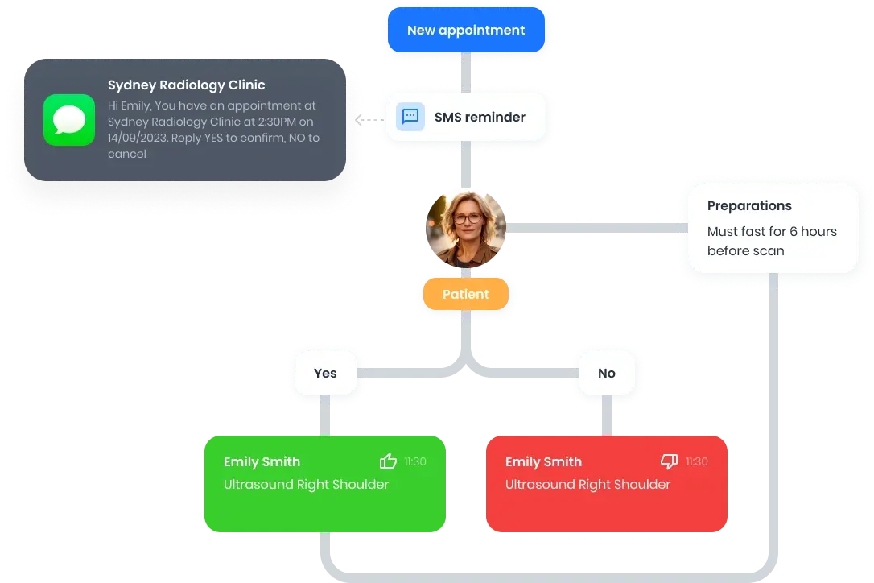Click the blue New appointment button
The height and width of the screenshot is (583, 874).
point(465,31)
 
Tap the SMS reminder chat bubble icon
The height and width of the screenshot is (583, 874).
point(410,117)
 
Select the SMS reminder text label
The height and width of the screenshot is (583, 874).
point(480,117)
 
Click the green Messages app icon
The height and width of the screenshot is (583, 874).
point(69,120)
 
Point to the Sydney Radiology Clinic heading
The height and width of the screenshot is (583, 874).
point(186,85)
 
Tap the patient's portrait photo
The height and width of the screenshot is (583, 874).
point(467,228)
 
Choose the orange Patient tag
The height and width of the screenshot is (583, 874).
point(465,295)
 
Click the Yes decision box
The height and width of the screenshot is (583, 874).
point(325,373)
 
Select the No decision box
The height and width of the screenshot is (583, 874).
point(607,373)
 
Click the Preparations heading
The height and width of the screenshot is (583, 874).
point(749,205)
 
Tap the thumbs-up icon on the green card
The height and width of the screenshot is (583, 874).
point(389,461)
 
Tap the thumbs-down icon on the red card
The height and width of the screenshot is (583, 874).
point(670,461)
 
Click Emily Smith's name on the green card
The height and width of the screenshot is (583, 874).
point(262,461)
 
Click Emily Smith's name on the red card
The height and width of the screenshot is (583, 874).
point(543,461)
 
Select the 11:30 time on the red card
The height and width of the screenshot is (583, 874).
point(697,461)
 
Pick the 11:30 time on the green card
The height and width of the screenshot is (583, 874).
point(415,461)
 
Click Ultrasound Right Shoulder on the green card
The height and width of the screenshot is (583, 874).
point(306,484)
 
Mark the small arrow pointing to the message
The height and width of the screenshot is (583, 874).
point(360,119)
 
